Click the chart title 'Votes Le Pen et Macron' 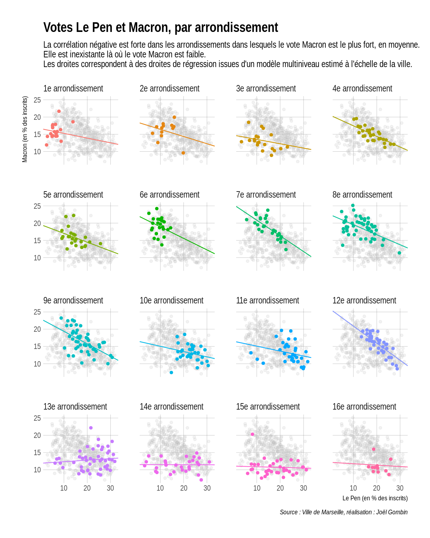(x=161, y=28)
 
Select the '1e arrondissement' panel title (x=73, y=89)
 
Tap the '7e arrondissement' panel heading (x=266, y=195)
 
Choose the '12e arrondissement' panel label (x=364, y=301)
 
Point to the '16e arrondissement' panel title (x=364, y=407)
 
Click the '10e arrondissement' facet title (x=171, y=301)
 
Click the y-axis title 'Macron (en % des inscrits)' (x=25, y=129)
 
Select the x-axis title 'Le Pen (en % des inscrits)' (x=375, y=498)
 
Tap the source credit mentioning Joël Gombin (x=343, y=512)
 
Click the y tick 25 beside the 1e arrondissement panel (x=37, y=100)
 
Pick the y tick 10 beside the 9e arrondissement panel (x=37, y=364)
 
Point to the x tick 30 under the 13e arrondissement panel (x=110, y=488)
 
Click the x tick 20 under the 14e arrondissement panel (x=184, y=488)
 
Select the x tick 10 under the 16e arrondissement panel (x=353, y=488)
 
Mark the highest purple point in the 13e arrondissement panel (x=91, y=428)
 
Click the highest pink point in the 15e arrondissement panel (x=252, y=434)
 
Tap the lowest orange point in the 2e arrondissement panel (x=183, y=153)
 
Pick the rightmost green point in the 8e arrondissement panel (x=399, y=253)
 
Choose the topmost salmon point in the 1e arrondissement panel (x=59, y=111)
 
